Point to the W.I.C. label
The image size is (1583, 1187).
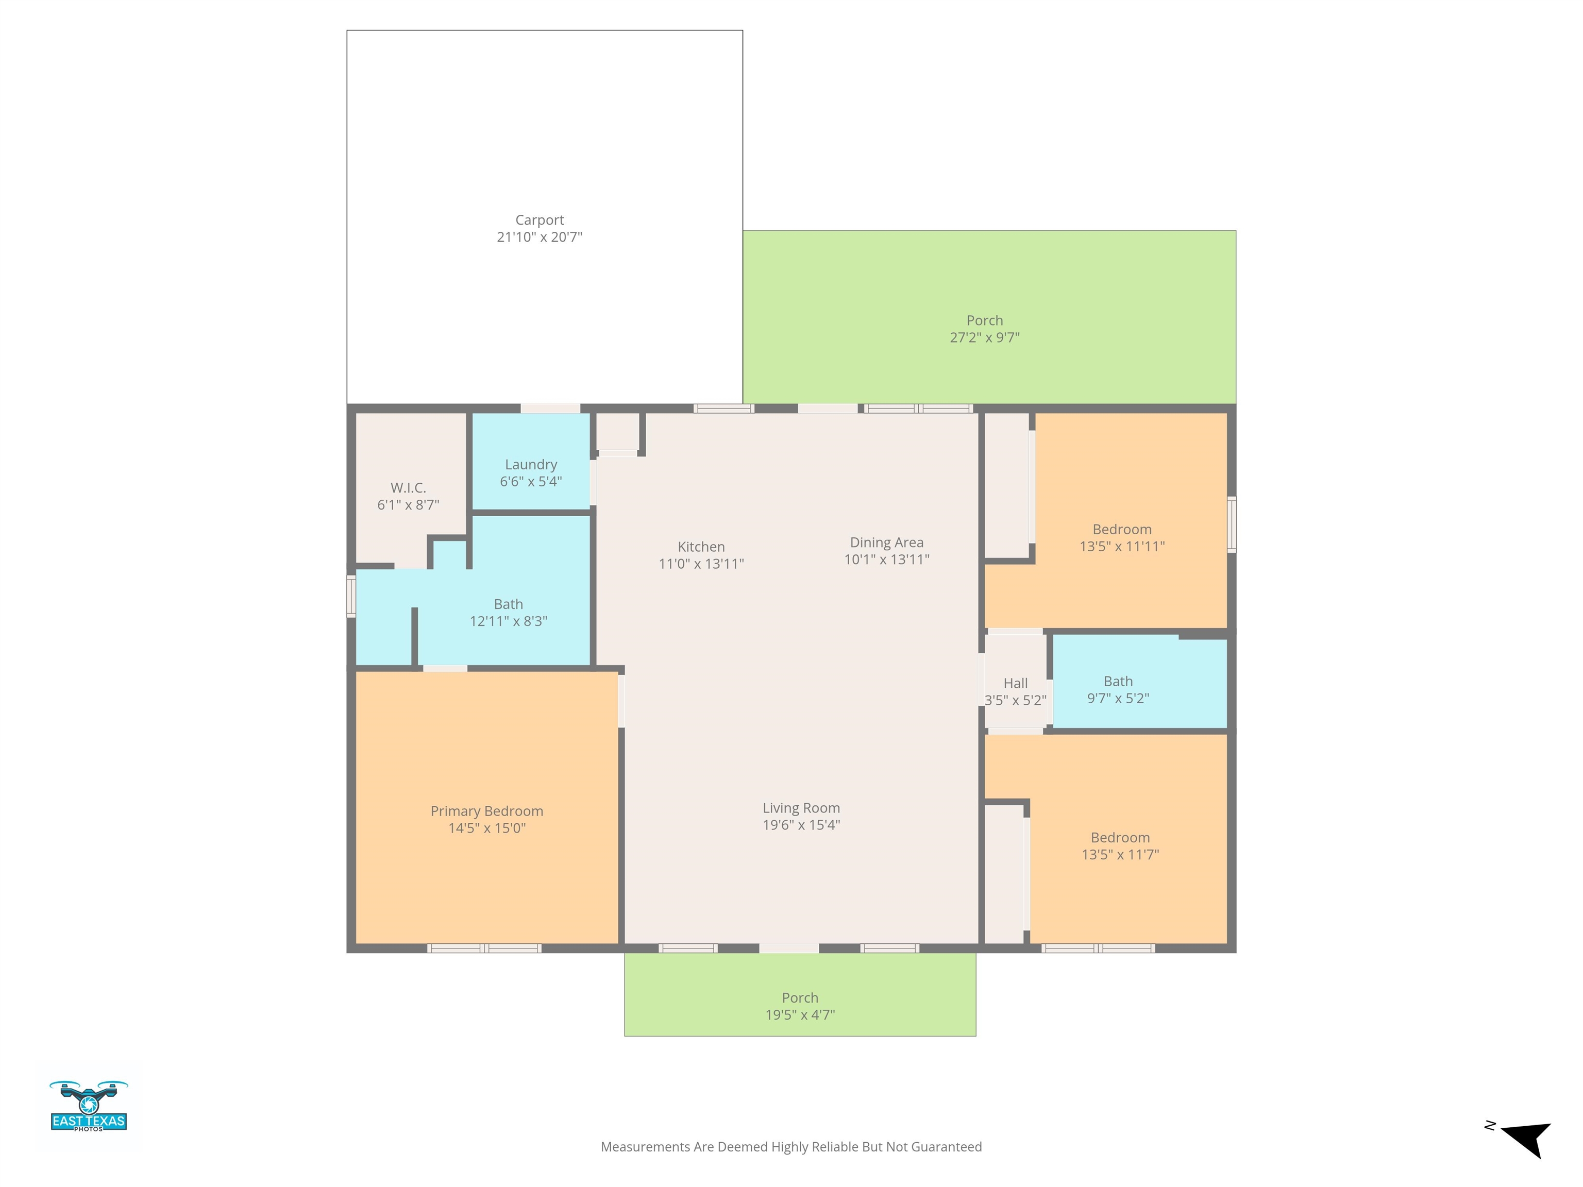coord(408,488)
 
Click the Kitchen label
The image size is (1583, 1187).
coord(701,547)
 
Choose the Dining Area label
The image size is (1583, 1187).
coord(887,543)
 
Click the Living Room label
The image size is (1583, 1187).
coord(801,808)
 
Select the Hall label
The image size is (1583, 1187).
coord(1016,683)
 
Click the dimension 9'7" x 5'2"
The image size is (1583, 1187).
coord(1118,698)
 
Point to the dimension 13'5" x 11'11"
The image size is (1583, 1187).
coord(1122,547)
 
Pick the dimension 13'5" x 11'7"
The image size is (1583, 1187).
coord(1120,854)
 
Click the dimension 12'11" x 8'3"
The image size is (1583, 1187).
coord(508,621)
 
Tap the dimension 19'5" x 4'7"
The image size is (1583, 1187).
coord(800,1014)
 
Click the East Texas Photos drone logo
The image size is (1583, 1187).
coord(89,1106)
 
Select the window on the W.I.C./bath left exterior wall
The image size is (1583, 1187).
coord(351,596)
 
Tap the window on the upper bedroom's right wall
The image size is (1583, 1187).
coord(1232,524)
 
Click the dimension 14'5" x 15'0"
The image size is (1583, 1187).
coord(486,828)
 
